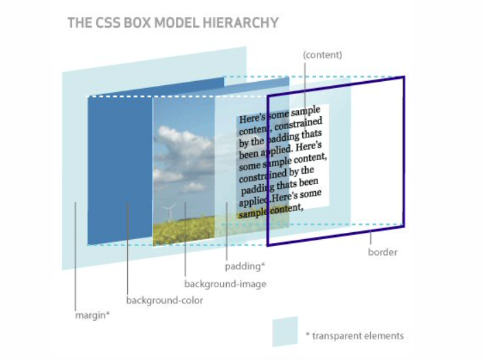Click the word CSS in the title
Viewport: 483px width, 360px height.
(101, 23)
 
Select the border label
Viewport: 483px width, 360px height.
(382, 252)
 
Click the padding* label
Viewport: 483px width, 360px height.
(245, 265)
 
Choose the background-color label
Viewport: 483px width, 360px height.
(164, 300)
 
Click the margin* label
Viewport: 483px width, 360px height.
(92, 315)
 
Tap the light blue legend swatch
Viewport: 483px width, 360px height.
(284, 331)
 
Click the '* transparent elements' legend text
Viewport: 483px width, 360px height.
(355, 336)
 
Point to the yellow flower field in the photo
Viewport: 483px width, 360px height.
(182, 231)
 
